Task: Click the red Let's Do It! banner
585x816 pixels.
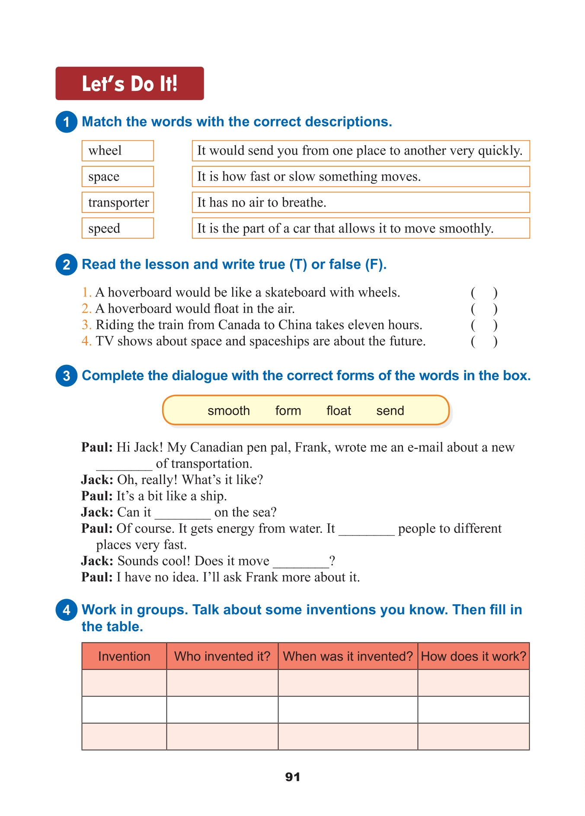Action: [x=129, y=84]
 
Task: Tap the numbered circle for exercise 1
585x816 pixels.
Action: [x=66, y=122]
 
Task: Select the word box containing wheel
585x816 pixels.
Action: [x=118, y=151]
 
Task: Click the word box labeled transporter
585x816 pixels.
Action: [x=118, y=202]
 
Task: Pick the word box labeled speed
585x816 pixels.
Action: [x=118, y=228]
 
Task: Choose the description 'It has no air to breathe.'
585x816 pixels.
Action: [x=361, y=202]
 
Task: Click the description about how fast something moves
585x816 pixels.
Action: [x=361, y=177]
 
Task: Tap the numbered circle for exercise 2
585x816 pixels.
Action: [x=66, y=264]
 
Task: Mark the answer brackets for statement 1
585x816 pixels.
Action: [x=484, y=293]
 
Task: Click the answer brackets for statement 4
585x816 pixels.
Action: [x=484, y=342]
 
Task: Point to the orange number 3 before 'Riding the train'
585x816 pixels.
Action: [x=86, y=325]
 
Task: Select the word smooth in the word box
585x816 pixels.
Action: [x=228, y=410]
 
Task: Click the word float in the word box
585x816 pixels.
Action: [x=339, y=410]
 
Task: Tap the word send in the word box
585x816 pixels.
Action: [x=390, y=410]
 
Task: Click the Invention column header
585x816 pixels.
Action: [x=124, y=656]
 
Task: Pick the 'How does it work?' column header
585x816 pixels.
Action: [x=473, y=656]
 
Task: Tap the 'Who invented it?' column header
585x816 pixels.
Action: [x=222, y=656]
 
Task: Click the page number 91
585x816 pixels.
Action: [x=293, y=777]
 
